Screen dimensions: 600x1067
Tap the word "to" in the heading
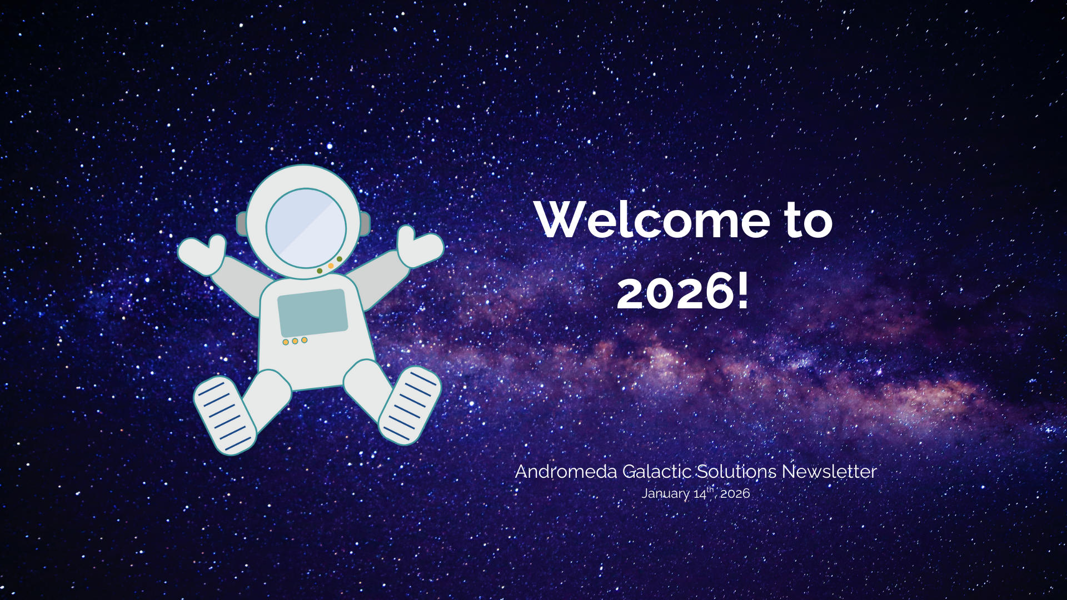809,220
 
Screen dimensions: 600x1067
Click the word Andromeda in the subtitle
566,472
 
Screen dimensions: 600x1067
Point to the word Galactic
656,472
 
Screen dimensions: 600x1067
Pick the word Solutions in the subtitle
736,472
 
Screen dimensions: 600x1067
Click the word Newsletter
829,472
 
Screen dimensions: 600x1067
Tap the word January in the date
665,494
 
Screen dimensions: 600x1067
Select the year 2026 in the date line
735,493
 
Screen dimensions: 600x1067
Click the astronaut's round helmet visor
306,228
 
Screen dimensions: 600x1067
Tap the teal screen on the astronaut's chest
312,312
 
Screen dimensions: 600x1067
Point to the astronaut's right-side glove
420,246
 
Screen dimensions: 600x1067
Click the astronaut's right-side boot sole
410,405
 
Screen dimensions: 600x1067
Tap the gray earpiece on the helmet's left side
242,223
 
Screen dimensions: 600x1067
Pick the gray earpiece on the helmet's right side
365,223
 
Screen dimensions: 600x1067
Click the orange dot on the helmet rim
331,266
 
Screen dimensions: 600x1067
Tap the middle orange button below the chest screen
295,341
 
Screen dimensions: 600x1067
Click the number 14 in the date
700,494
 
